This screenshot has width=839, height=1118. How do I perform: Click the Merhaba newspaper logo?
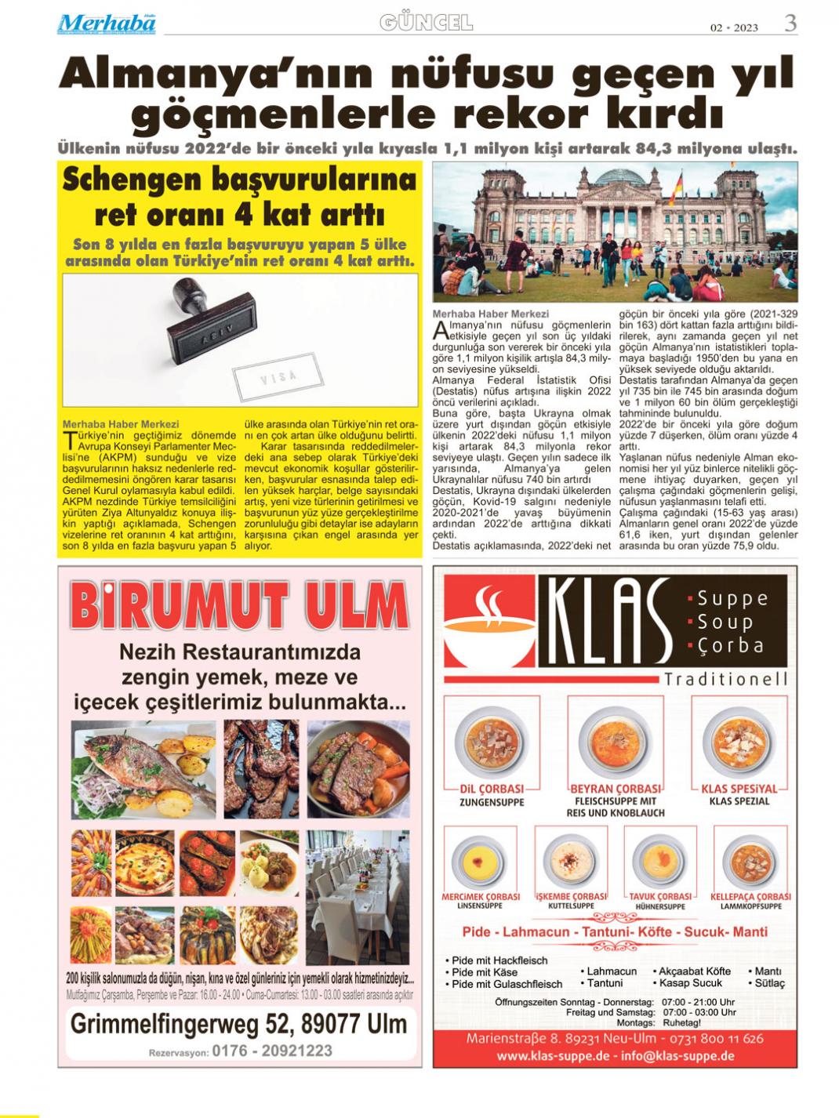tap(106, 24)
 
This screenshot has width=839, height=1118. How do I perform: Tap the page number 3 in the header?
tap(790, 24)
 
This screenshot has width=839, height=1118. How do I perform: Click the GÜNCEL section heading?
tap(427, 23)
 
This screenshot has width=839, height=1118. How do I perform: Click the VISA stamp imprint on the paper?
tap(278, 378)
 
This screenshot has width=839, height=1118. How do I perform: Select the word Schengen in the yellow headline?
tap(132, 180)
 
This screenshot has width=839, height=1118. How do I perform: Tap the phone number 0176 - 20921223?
tap(271, 1051)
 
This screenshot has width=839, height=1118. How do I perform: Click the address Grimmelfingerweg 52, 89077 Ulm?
tap(238, 1023)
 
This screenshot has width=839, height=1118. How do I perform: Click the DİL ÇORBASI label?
tap(492, 788)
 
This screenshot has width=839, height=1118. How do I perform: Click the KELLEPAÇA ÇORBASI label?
tap(750, 896)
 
